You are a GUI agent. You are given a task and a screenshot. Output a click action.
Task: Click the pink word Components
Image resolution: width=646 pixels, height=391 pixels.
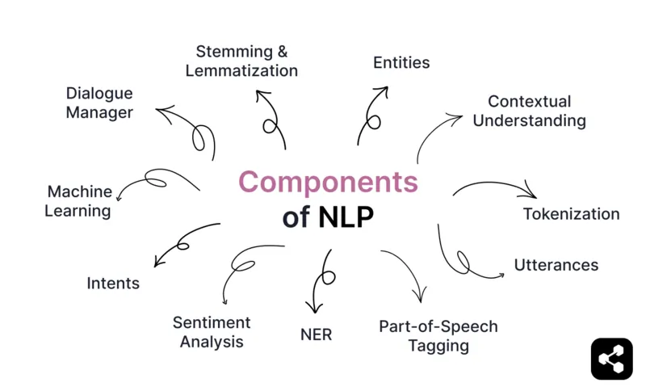tap(328, 182)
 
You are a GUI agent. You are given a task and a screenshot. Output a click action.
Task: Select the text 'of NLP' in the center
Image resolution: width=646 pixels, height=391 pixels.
tap(328, 217)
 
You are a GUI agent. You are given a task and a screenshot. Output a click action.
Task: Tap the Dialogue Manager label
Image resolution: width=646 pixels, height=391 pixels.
tap(99, 103)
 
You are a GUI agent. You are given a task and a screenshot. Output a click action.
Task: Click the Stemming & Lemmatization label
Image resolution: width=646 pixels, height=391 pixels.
tap(241, 61)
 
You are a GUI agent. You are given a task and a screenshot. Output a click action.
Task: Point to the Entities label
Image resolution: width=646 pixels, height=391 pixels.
tap(401, 62)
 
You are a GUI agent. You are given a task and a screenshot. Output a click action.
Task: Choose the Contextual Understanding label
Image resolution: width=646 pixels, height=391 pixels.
tap(529, 111)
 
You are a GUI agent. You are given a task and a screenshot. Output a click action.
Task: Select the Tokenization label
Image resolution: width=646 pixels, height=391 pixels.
tap(571, 214)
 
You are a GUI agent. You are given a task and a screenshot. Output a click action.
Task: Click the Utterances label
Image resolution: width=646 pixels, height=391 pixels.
tap(556, 264)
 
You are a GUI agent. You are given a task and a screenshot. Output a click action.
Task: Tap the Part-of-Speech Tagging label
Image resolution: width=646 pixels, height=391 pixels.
tap(438, 336)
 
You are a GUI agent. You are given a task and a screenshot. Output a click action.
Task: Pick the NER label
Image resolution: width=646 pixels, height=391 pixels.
tap(315, 334)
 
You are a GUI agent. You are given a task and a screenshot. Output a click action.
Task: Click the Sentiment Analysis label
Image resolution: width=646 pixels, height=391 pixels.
tap(212, 331)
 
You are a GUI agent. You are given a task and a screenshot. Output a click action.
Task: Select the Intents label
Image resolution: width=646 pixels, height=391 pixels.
tap(113, 283)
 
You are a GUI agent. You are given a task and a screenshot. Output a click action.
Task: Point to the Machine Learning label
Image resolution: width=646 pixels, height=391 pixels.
tap(78, 201)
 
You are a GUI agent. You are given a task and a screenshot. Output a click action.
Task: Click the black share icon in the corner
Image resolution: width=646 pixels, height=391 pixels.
tap(611, 358)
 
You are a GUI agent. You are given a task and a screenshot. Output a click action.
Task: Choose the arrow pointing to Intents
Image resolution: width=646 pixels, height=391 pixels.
tap(184, 242)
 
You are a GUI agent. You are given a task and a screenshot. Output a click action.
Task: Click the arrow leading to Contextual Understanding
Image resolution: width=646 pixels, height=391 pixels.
tap(436, 133)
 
